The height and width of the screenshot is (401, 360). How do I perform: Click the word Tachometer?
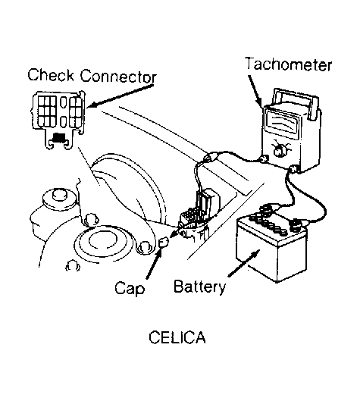[289, 64]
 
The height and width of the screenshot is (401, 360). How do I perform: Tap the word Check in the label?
[51, 75]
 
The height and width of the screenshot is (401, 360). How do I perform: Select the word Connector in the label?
[118, 76]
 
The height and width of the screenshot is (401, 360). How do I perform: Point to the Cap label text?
[130, 288]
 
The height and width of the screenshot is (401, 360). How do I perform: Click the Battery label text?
[199, 287]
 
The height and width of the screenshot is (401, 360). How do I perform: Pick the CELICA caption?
[177, 337]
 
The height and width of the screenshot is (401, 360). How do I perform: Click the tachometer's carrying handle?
[296, 102]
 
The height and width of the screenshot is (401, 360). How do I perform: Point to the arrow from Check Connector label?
[121, 96]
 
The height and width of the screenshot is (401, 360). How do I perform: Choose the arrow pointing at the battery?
[244, 263]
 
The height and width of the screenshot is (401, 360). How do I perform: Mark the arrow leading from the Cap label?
[154, 264]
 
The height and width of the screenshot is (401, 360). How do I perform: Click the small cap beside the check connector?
[164, 242]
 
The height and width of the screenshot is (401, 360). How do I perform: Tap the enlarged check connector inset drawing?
[58, 120]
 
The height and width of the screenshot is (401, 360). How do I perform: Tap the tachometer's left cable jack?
[263, 159]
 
